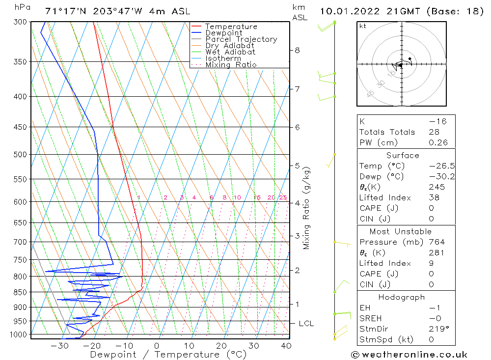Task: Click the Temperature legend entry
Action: [x=231, y=27]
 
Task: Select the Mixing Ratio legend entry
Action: [x=231, y=64]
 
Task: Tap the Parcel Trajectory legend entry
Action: [x=241, y=39]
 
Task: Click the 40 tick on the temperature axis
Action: [x=286, y=346]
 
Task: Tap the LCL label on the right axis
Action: [x=306, y=324]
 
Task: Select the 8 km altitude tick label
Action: [x=298, y=50]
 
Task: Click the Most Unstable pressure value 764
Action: [x=436, y=242]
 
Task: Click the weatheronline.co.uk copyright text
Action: [x=409, y=355]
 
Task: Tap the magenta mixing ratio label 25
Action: [x=283, y=197]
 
